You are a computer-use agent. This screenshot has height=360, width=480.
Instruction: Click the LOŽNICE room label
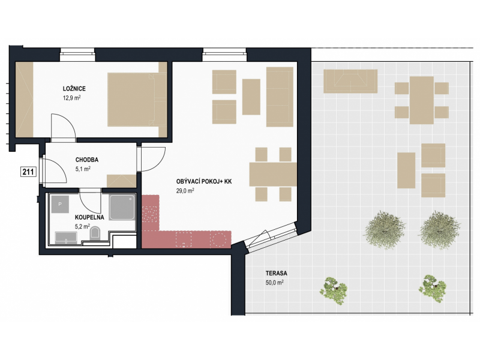[x=74, y=89]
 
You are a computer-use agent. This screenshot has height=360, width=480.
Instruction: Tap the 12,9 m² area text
[x=72, y=98]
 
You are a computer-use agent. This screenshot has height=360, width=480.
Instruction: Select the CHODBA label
[x=87, y=160]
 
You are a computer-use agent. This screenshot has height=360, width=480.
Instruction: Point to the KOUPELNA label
[x=89, y=217]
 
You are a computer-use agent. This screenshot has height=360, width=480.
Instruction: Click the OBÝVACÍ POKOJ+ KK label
[x=204, y=182]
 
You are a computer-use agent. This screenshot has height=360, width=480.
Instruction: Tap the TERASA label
[x=277, y=273]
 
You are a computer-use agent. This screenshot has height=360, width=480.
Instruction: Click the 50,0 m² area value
[x=275, y=283]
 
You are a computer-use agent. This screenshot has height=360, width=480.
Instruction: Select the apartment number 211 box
[x=28, y=172]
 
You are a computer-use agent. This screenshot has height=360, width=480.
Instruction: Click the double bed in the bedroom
[x=137, y=100]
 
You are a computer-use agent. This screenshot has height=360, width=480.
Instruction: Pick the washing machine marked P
[x=60, y=204]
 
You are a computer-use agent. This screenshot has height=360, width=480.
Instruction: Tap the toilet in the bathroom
[x=95, y=233]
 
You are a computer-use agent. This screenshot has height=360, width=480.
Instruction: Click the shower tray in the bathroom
[x=122, y=208]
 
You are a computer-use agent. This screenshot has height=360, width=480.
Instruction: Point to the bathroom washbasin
[x=66, y=238]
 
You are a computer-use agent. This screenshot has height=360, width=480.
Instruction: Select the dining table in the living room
[x=273, y=174]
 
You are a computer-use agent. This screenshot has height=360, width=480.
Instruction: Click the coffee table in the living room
[x=251, y=97]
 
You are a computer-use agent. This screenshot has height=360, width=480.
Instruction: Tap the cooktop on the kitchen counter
[x=150, y=214]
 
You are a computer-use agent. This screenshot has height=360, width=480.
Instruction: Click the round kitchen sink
[x=218, y=239]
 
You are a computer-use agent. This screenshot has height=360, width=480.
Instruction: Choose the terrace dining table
[x=422, y=100]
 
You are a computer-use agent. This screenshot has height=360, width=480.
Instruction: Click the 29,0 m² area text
[x=185, y=191]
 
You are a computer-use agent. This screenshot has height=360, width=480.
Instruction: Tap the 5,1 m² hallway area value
[x=83, y=169]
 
